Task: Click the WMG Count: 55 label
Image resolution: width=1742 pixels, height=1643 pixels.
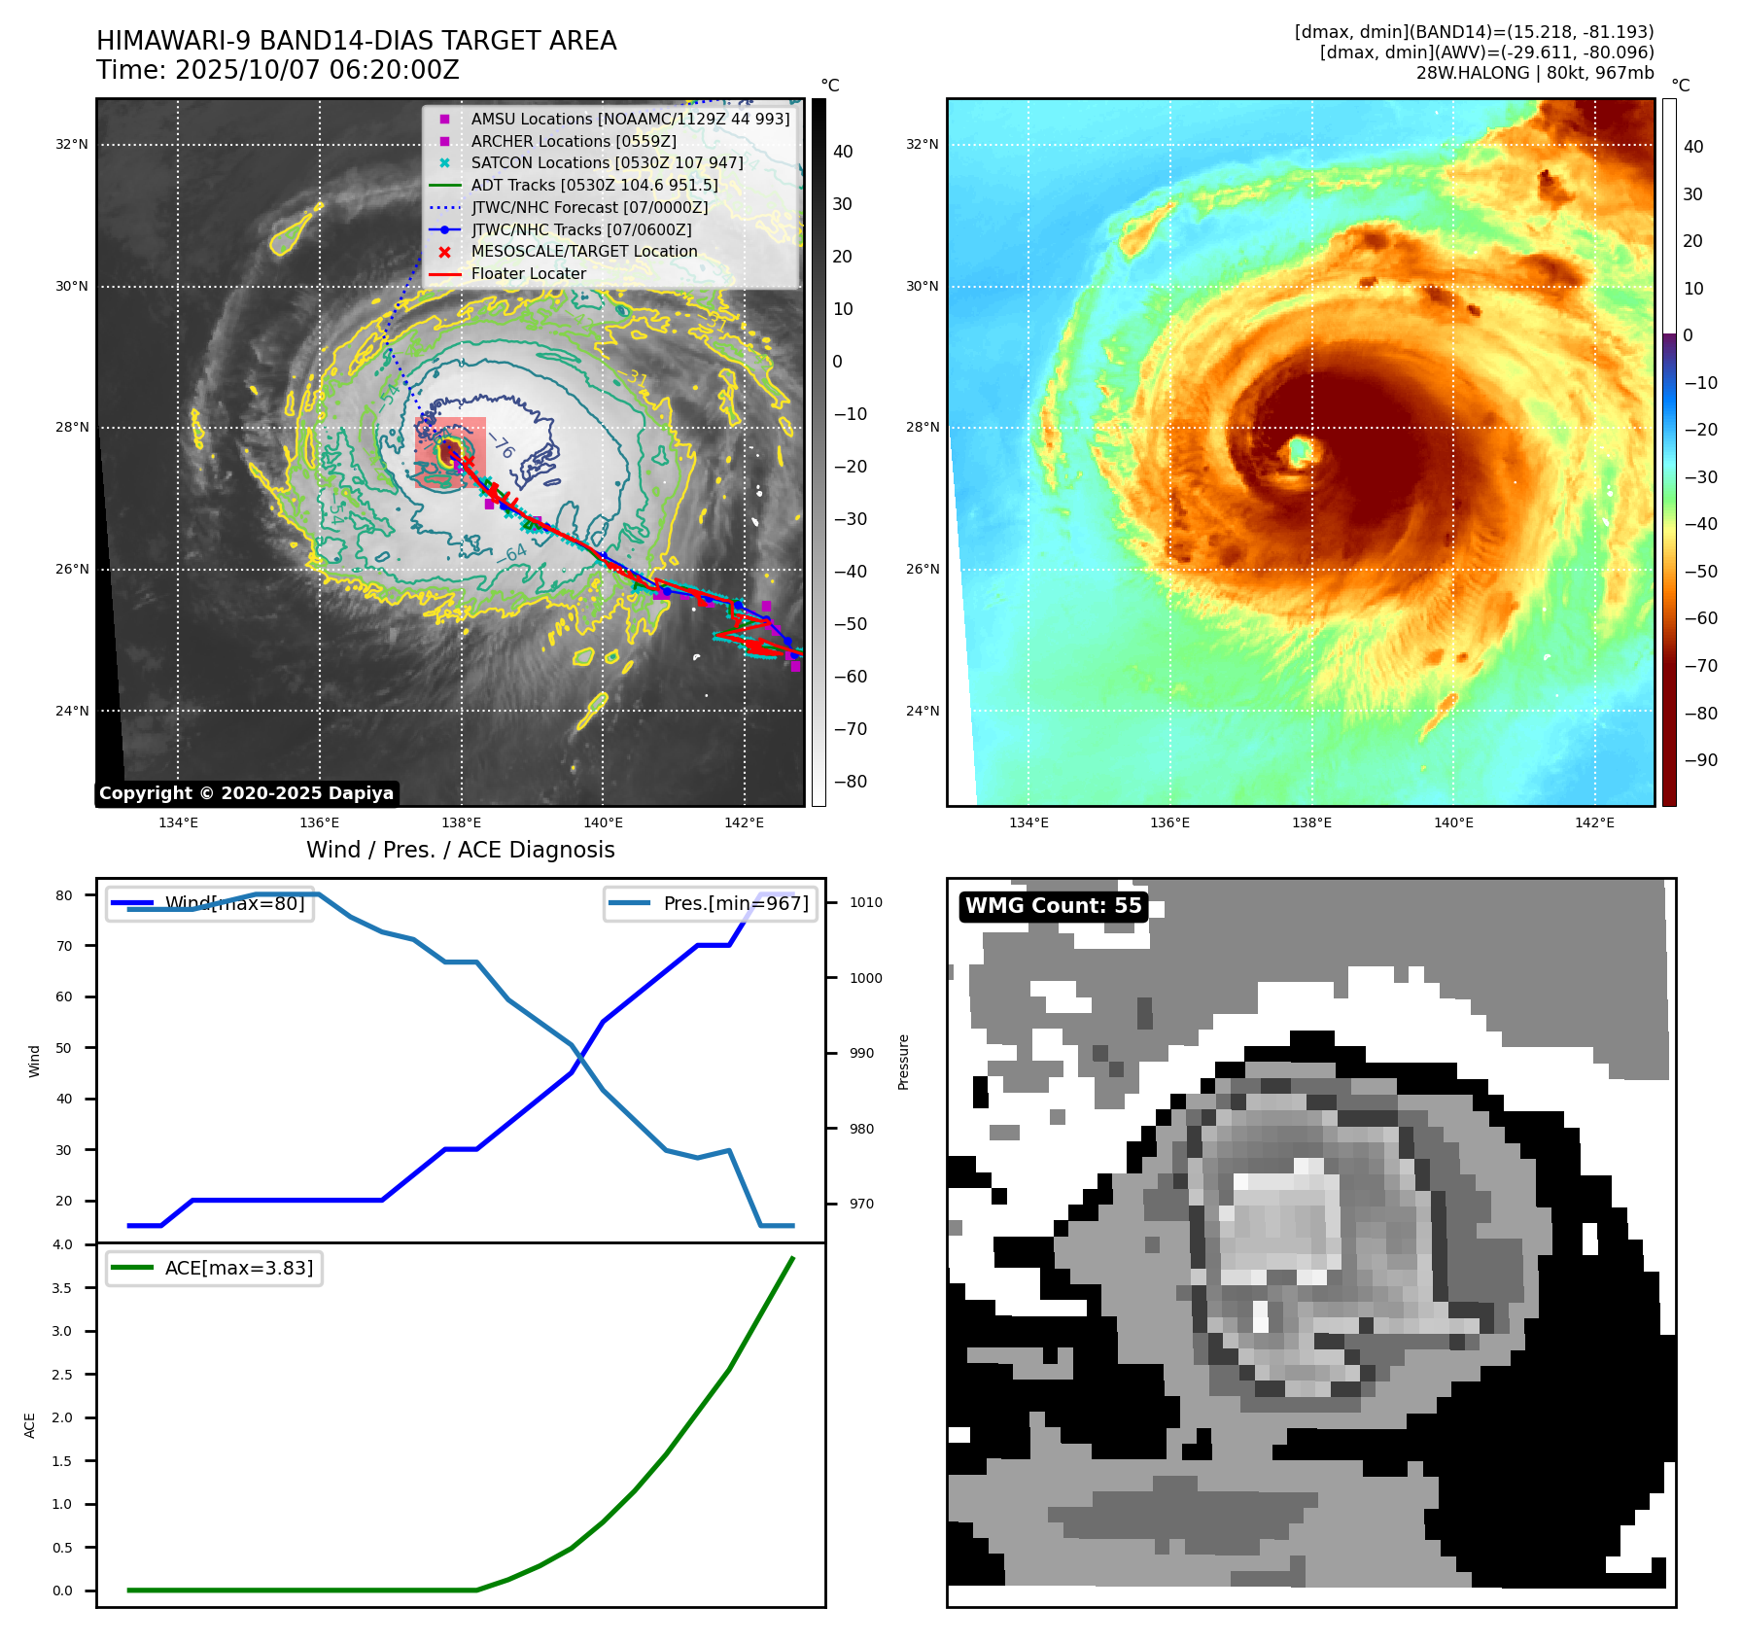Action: (1053, 906)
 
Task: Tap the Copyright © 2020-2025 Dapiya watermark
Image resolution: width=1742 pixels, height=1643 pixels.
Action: (246, 793)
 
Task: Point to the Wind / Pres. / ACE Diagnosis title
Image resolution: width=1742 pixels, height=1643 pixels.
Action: (460, 850)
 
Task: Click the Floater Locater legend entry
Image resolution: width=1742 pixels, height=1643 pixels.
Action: (528, 274)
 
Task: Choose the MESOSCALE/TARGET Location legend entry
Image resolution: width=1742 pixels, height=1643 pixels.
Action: (583, 252)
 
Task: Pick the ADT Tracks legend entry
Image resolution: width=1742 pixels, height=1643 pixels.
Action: (593, 185)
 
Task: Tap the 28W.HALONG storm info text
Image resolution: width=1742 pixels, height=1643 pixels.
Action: (1534, 73)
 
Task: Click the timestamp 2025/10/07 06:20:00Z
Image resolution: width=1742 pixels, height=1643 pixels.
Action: (317, 71)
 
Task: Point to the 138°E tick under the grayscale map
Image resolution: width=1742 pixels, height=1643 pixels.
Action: (461, 822)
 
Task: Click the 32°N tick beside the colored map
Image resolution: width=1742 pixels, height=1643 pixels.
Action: (922, 145)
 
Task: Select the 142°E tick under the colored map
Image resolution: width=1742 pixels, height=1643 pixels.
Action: (1594, 822)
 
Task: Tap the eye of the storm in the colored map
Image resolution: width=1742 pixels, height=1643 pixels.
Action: (1300, 451)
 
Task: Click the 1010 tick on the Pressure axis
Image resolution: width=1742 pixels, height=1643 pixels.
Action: (865, 902)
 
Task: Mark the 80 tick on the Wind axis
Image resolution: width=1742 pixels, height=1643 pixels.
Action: (64, 895)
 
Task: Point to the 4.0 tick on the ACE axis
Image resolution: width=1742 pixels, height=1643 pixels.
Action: (62, 1244)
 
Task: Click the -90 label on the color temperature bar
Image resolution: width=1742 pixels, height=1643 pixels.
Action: (1700, 760)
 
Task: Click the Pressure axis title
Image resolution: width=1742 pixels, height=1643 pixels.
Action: (903, 1062)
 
